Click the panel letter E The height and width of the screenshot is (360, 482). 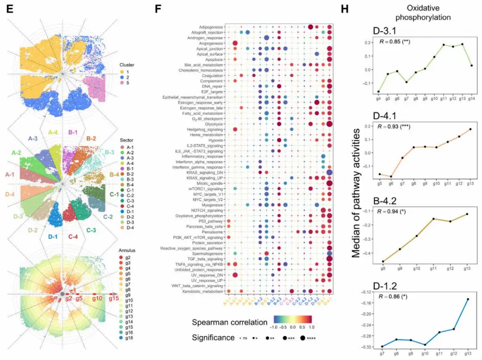tap(8, 9)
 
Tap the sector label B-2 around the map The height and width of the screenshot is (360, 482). tap(91, 139)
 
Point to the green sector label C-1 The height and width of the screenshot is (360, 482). tap(114, 194)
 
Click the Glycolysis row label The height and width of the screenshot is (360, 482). tap(216, 124)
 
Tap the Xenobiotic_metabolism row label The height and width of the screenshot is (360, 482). tap(205, 290)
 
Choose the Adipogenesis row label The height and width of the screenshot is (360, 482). tap(212, 27)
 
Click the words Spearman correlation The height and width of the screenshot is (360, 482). tap(227, 322)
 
